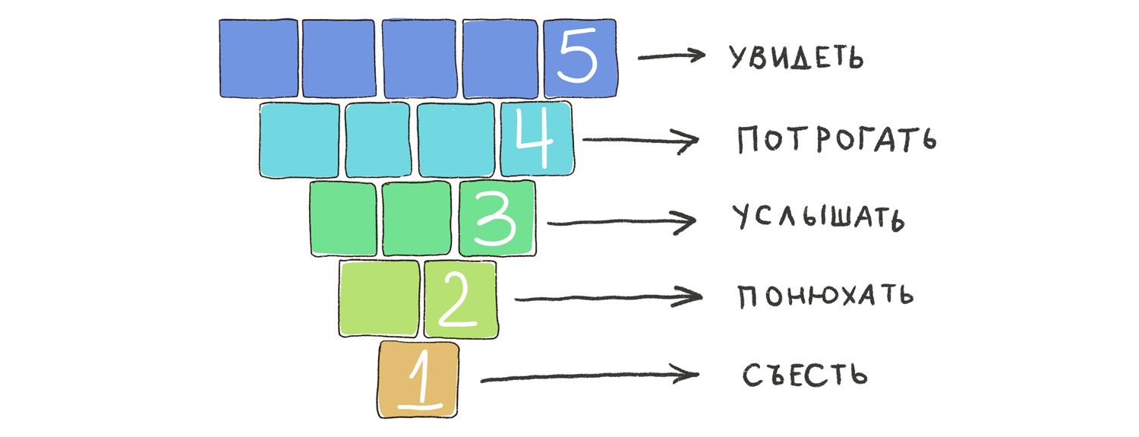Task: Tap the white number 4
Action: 536,138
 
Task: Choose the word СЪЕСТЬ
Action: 805,375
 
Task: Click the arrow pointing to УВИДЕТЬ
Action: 672,55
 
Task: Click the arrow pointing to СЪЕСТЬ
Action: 589,375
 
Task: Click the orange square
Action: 418,379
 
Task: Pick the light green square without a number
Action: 380,299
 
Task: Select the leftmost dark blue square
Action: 258,59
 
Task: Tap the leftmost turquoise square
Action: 299,140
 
